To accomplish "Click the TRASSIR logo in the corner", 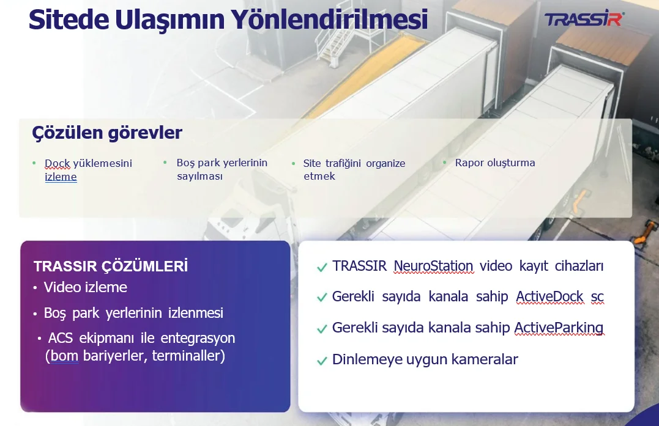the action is click(584, 20).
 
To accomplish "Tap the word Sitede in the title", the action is click(69, 20).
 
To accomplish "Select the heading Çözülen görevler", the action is click(107, 133).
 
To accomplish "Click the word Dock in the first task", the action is click(57, 163).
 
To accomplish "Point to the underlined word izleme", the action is click(61, 177).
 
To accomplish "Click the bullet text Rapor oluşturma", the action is click(495, 163).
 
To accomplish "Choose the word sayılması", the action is click(199, 176).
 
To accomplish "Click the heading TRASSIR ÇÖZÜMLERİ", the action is click(111, 266).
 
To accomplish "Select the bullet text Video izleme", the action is click(85, 287).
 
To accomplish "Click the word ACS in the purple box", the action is click(61, 338).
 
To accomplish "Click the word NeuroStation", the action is click(433, 266).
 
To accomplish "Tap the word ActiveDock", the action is click(549, 296).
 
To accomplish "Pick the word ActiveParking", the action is click(559, 328).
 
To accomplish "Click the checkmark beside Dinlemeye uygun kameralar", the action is click(322, 361).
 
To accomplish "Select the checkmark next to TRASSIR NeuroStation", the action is click(322, 267).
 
